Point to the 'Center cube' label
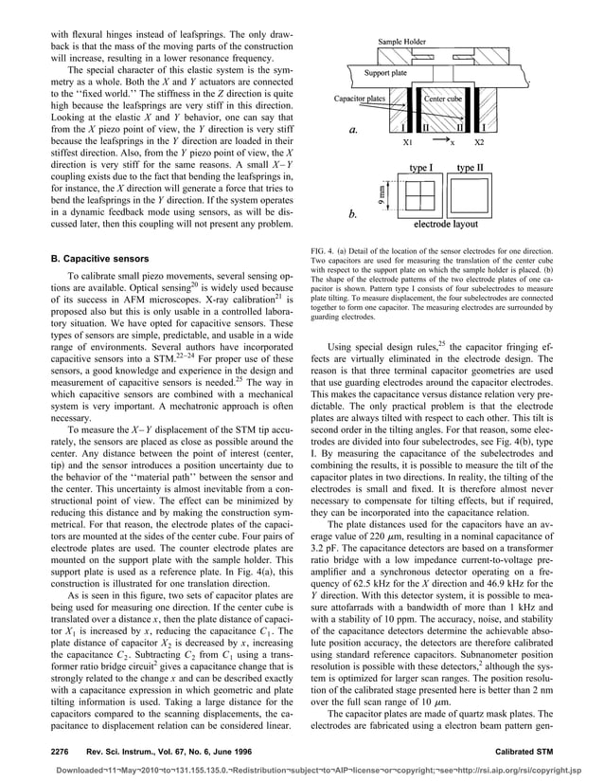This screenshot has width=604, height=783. coord(443,98)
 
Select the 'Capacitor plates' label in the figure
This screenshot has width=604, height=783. coord(359,98)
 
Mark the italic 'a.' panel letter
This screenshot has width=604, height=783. coord(354,131)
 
